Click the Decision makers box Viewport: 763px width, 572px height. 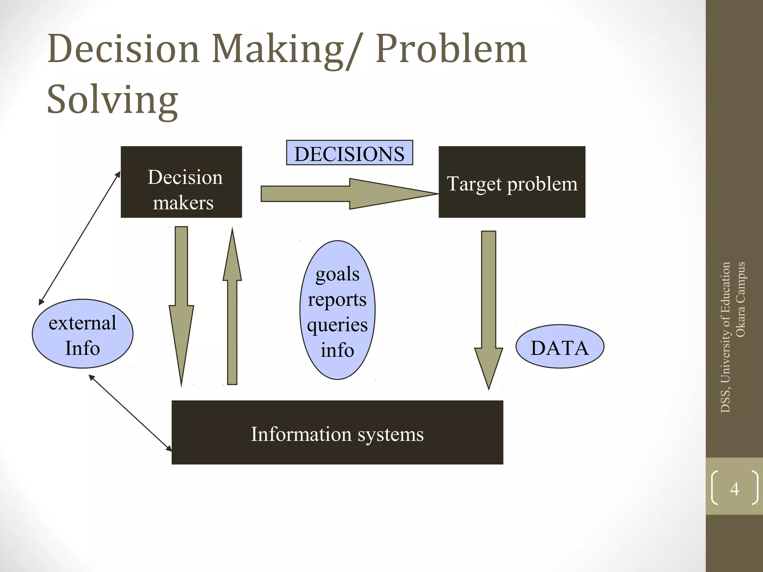pos(181,182)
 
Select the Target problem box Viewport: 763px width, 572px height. pos(512,182)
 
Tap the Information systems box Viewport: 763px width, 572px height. pos(337,433)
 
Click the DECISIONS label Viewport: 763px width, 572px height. pos(349,153)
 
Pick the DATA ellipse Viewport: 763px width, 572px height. pos(560,347)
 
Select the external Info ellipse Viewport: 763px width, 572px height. pos(82,334)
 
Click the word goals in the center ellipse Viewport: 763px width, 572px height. pos(338,274)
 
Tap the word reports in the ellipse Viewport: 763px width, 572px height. pos(338,300)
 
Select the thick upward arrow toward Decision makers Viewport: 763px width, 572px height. pos(232,317)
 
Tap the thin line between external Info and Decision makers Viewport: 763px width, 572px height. pos(80,238)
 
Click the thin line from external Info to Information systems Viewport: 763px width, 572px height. pos(130,413)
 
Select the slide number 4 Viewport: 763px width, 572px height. pos(734,488)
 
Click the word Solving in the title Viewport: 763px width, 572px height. pos(113,99)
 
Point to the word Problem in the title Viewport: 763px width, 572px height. pos(451,49)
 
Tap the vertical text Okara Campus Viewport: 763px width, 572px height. pos(740,299)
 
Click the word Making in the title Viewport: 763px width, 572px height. pos(278,49)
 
